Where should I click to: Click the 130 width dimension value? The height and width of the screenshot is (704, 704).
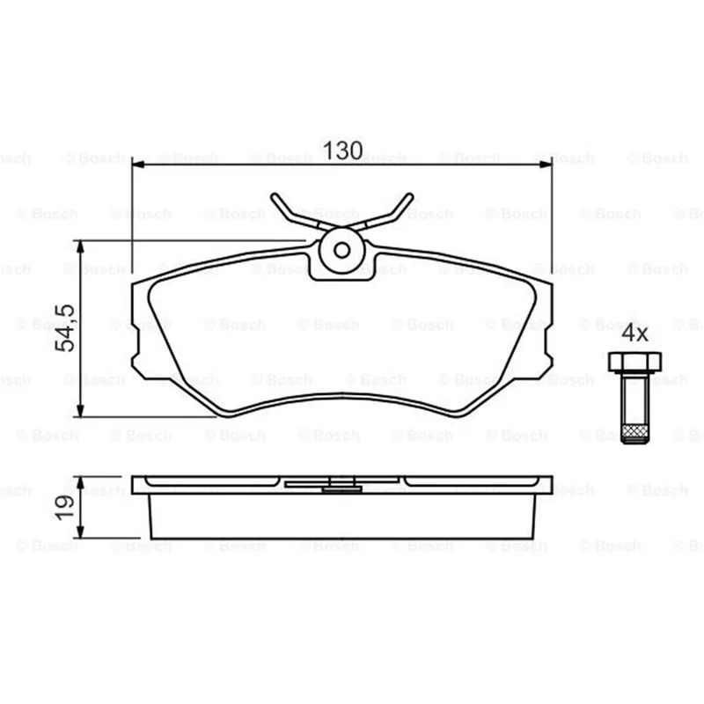pyautogui.click(x=342, y=150)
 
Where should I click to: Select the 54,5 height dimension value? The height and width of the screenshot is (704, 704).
pyautogui.click(x=64, y=327)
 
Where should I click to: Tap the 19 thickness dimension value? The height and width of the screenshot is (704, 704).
pyautogui.click(x=64, y=508)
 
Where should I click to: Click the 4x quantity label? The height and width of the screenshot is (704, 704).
pyautogui.click(x=634, y=334)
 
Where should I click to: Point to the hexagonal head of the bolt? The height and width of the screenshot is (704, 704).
pyautogui.click(x=634, y=363)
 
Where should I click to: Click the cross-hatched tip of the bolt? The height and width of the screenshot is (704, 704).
pyautogui.click(x=634, y=433)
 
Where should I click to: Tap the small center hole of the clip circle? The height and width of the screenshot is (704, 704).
pyautogui.click(x=342, y=251)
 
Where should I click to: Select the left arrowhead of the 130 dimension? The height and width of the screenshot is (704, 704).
pyautogui.click(x=138, y=165)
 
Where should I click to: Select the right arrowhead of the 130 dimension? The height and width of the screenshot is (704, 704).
pyautogui.click(x=546, y=165)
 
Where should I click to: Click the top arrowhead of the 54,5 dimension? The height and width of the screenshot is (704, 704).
pyautogui.click(x=80, y=246)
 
